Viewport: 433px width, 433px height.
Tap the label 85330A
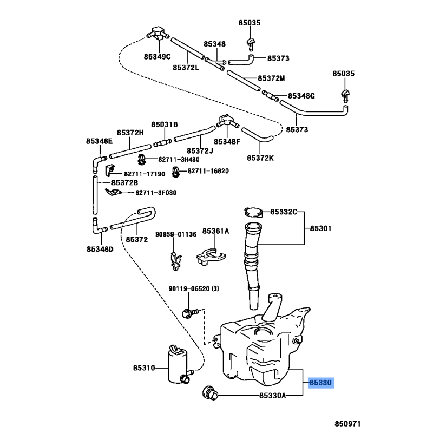tap(272, 396)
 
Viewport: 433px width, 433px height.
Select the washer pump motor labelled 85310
tap(179, 364)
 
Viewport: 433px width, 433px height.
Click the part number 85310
tap(143, 369)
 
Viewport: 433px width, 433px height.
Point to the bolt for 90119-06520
tap(188, 312)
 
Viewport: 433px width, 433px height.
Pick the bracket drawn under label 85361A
tap(209, 255)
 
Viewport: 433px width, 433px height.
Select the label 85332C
tap(284, 212)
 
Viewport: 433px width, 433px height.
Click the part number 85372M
tap(271, 78)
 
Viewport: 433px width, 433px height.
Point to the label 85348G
tap(301, 96)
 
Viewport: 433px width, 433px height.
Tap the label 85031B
tap(164, 124)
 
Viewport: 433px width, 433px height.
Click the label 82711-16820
tap(208, 171)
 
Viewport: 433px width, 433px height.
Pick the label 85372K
tap(260, 158)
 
